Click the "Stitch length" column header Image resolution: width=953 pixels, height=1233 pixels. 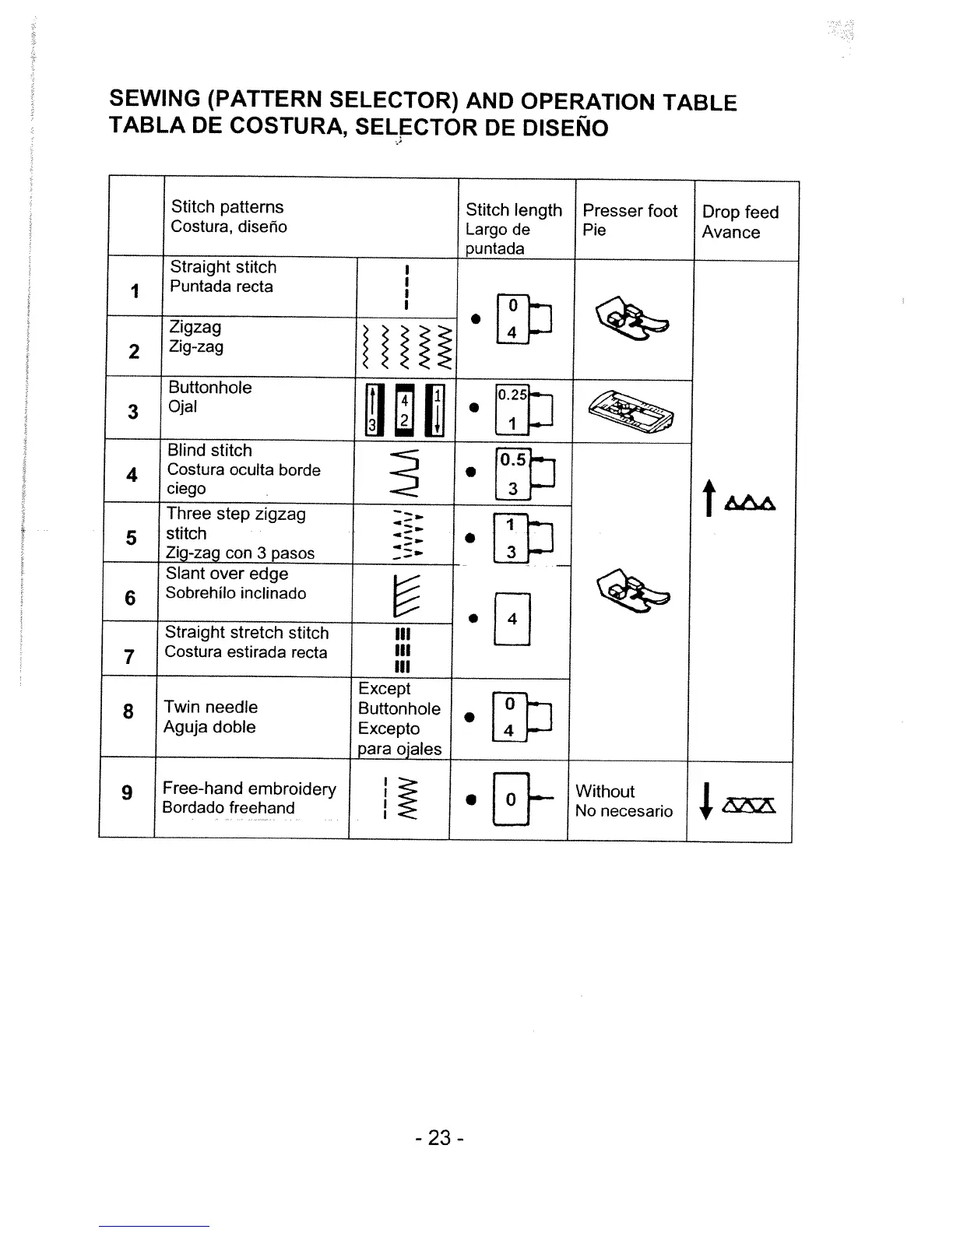coord(513,210)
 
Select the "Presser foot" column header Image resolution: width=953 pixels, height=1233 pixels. coord(630,211)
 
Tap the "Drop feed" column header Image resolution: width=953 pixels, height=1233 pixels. coord(740,212)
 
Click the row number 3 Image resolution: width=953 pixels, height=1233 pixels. coord(133,411)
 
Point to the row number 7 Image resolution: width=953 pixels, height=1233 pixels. coord(129,657)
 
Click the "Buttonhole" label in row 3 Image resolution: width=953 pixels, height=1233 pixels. coord(210,388)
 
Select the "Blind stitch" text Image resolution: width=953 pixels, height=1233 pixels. coord(209,451)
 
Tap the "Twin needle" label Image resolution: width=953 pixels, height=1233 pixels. coord(210,707)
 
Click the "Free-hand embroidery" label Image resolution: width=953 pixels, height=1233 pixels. coord(249,789)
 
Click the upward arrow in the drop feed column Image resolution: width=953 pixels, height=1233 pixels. coord(708,498)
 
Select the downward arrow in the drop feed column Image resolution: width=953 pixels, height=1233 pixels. coord(705,802)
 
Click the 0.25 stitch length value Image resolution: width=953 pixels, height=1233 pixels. coord(512,395)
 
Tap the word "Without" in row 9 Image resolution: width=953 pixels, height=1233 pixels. coord(605,791)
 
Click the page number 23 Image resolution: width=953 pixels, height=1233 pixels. coord(439,1138)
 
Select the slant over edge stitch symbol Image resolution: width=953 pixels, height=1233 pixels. coord(407,593)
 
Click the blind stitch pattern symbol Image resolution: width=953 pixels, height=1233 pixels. coord(406,473)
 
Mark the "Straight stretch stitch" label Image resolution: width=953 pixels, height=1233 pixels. coord(247,633)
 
